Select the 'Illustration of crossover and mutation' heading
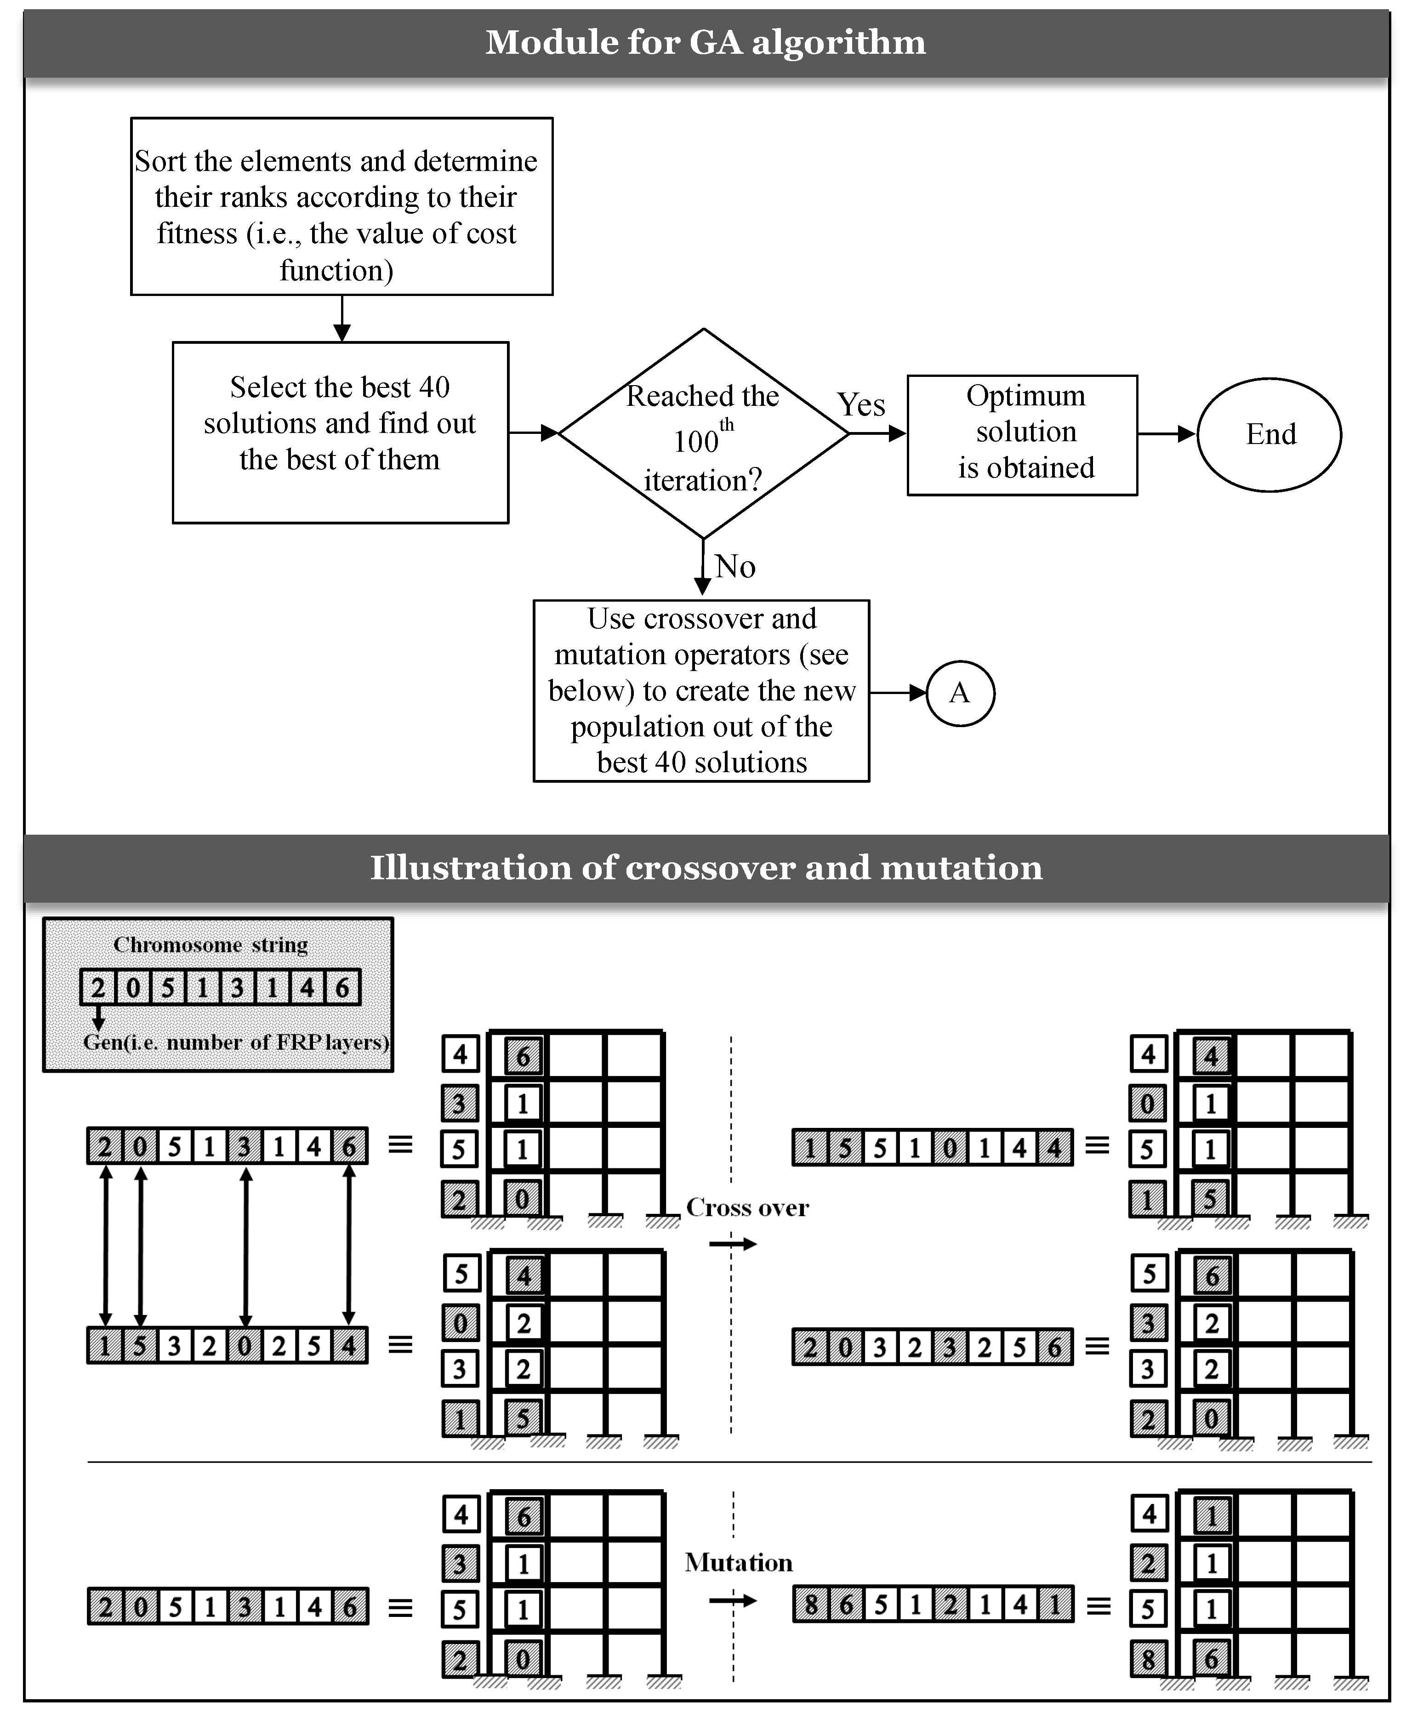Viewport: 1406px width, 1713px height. (706, 867)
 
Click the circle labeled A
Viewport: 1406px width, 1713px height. (960, 693)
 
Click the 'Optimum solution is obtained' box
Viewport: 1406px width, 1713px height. (1022, 434)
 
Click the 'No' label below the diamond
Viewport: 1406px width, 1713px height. (734, 566)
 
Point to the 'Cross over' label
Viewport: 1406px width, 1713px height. (747, 1207)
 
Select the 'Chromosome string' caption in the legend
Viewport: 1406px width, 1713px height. (211, 945)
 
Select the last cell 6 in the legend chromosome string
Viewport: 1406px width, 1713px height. (342, 987)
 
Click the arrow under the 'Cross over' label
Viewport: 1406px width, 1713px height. (732, 1243)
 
